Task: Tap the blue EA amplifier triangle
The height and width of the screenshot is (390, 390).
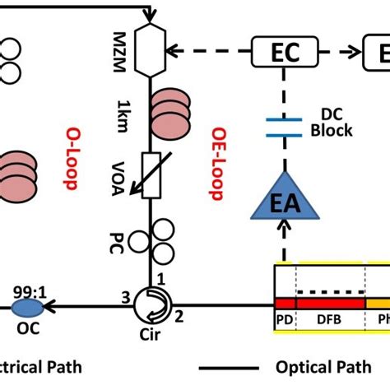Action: coord(284,200)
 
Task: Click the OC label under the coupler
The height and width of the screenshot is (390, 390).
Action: coord(28,327)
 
